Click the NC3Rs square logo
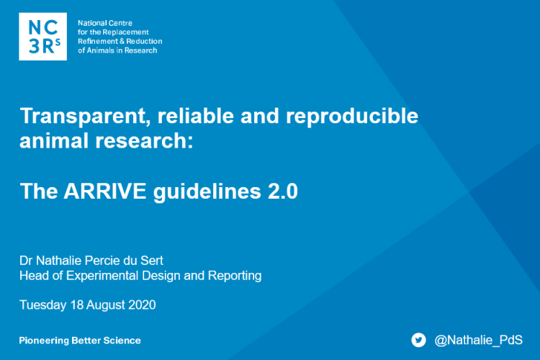tap(42, 36)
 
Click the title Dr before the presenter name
tap(27, 260)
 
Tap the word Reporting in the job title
tap(234, 276)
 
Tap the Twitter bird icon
tap(418, 340)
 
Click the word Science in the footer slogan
tap(122, 341)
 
